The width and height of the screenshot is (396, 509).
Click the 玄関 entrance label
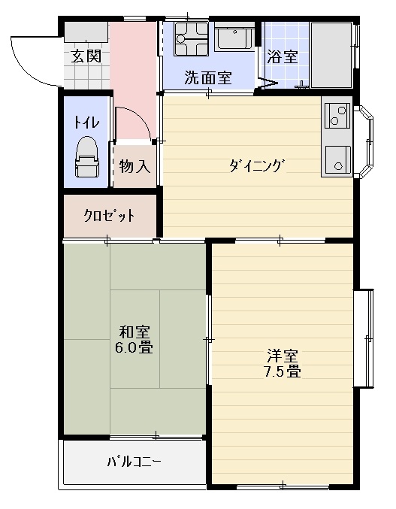click(x=86, y=57)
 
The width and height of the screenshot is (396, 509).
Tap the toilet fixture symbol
click(x=86, y=157)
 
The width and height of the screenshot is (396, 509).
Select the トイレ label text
click(x=86, y=123)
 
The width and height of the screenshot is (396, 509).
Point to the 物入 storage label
click(x=135, y=166)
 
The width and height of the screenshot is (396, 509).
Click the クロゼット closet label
click(x=109, y=215)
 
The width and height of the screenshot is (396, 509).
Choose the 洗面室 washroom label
click(x=208, y=77)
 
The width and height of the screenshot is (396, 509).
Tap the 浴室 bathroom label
click(x=283, y=56)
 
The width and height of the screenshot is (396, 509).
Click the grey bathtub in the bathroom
click(x=331, y=55)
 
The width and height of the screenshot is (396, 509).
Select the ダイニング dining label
click(x=258, y=166)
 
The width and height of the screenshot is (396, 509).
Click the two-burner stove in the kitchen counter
click(x=337, y=116)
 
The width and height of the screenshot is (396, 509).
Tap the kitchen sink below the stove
click(x=338, y=159)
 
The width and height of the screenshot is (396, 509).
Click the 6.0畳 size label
click(x=134, y=347)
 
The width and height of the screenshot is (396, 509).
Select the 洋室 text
click(x=283, y=356)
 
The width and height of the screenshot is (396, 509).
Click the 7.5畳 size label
click(x=283, y=371)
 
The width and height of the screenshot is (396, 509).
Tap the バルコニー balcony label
click(x=134, y=461)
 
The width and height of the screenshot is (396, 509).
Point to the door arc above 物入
click(x=140, y=117)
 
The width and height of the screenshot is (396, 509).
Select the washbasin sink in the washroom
click(x=234, y=36)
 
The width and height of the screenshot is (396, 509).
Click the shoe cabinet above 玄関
click(x=86, y=32)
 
